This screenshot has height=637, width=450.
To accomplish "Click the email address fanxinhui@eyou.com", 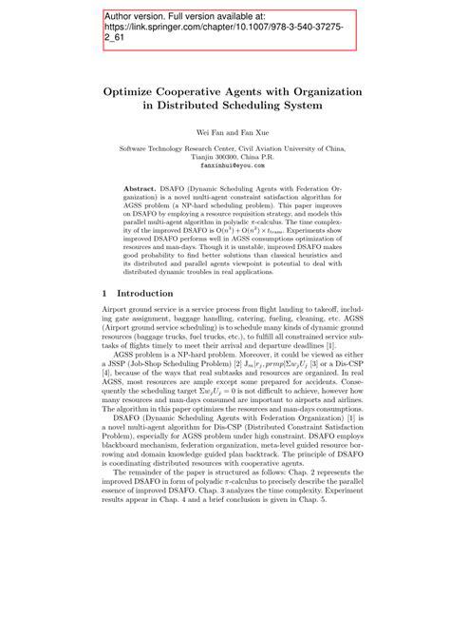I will pos(224,164).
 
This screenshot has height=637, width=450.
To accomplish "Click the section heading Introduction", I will pos(145,295).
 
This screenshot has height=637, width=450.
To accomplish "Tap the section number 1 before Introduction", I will pos(105,295).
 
